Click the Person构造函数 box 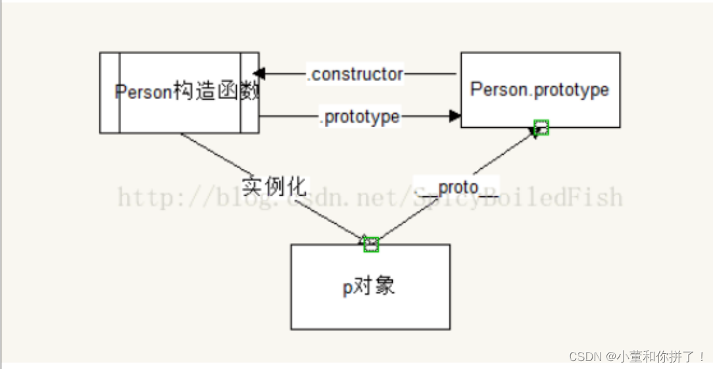(179, 92)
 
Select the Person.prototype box (540, 90)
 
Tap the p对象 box (370, 287)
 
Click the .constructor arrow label (355, 74)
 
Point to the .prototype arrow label (360, 117)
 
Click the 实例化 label (274, 186)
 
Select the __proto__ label (456, 188)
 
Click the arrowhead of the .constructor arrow (258, 73)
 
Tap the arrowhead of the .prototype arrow (455, 116)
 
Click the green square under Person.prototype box (541, 128)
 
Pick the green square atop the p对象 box (371, 244)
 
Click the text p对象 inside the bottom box (369, 287)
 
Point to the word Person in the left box (143, 92)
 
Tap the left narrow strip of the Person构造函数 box (109, 92)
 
